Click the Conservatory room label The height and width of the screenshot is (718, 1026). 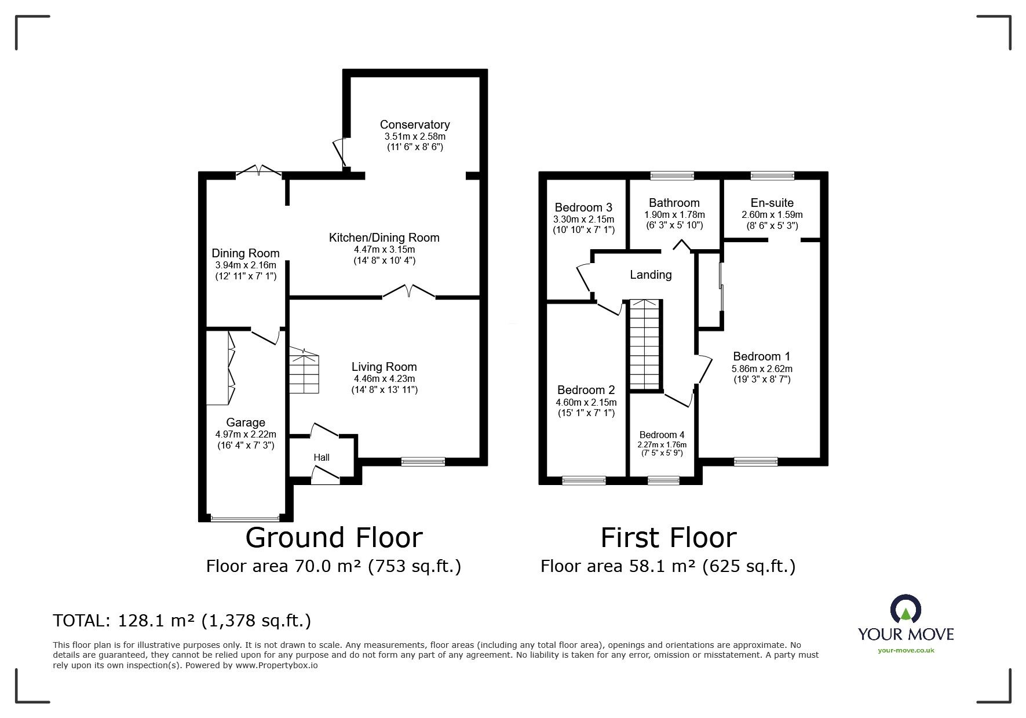[x=414, y=125]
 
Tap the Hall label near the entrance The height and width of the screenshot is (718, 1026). [x=322, y=458]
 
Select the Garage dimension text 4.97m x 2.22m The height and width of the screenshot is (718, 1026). [x=245, y=434]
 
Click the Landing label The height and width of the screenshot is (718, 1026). [x=651, y=275]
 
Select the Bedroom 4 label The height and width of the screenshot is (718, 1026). [x=662, y=435]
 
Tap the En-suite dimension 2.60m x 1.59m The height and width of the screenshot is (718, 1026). [x=772, y=214]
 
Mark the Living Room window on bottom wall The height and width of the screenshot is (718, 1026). [x=423, y=462]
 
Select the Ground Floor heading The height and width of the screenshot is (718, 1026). [x=334, y=538]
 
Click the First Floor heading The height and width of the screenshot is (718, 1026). [x=668, y=538]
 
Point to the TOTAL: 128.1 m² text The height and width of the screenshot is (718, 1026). [x=182, y=621]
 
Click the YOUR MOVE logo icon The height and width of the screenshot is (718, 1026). [x=905, y=609]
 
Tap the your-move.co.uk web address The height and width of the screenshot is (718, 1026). [x=905, y=650]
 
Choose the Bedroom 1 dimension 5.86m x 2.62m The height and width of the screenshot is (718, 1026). [x=762, y=369]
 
